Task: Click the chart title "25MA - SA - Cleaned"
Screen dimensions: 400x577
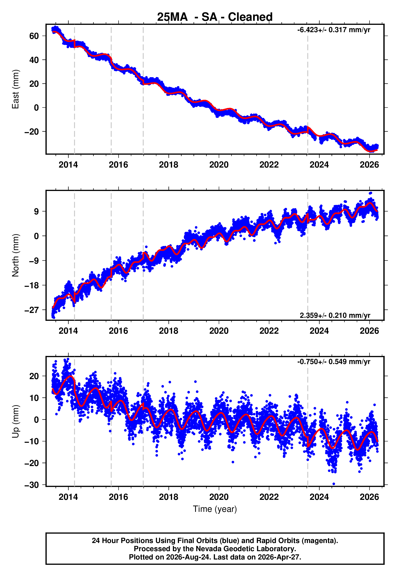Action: (215, 17)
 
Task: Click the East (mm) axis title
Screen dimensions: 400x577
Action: (15, 89)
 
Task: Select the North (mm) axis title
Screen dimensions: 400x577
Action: (15, 255)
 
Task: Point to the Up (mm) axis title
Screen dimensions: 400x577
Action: (15, 421)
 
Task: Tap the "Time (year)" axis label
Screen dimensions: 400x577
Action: (215, 509)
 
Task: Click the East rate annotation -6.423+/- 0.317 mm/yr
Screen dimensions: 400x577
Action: (334, 30)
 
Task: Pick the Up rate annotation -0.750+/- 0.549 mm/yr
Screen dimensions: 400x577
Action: (334, 362)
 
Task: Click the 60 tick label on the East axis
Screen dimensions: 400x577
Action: (34, 36)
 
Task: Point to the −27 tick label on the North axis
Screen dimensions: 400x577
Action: (32, 310)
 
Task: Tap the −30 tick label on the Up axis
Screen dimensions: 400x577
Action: (32, 485)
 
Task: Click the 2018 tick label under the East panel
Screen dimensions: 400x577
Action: (169, 165)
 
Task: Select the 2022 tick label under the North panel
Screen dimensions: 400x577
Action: (269, 331)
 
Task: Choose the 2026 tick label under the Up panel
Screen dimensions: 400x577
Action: (369, 497)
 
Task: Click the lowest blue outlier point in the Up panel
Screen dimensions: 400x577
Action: (334, 484)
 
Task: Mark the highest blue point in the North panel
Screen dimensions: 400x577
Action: (370, 193)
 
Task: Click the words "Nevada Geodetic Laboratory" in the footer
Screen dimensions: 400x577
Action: (245, 549)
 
